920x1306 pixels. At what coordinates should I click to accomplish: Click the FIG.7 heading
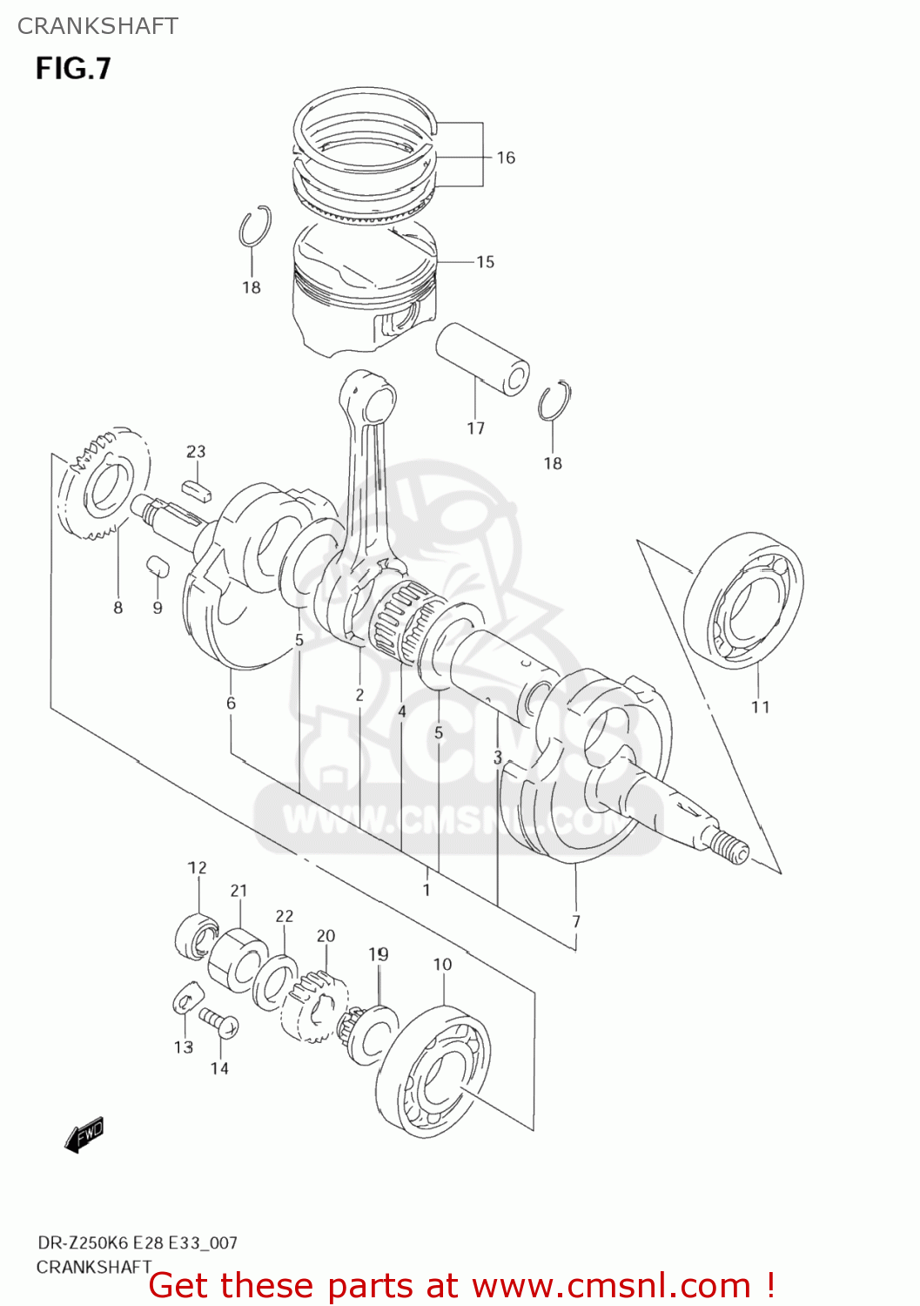tap(73, 68)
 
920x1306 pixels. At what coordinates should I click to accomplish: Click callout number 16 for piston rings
tap(506, 158)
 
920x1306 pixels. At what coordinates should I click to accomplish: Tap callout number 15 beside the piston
tap(485, 261)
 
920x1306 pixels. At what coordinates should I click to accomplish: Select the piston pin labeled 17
tap(482, 358)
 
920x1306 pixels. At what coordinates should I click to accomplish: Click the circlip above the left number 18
tap(254, 227)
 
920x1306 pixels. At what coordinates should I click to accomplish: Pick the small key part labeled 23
tap(197, 489)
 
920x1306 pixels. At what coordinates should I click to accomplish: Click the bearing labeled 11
tap(744, 601)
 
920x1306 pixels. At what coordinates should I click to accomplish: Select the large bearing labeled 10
tap(433, 1073)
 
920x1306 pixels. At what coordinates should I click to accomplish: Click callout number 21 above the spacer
tap(238, 890)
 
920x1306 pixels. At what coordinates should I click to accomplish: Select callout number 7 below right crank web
tap(575, 921)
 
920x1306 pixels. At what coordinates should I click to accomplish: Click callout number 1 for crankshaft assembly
tap(426, 890)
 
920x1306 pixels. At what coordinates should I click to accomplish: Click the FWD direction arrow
tap(84, 1134)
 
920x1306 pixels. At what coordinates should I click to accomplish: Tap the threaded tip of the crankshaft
tap(729, 847)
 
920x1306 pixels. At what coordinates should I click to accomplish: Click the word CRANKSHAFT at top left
tap(97, 26)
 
